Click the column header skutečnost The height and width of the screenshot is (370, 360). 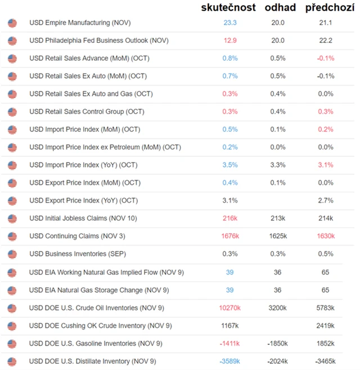228,7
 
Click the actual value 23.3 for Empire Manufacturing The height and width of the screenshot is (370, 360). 229,23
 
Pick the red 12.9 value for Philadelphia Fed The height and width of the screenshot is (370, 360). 229,40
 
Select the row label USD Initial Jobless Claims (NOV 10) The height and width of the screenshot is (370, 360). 83,218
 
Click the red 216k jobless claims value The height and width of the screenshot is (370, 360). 229,218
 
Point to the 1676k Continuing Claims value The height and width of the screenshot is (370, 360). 229,236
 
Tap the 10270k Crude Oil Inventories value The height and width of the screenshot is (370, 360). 229,308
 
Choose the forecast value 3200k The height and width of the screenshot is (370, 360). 277,308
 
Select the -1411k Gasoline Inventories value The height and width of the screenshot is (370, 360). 229,343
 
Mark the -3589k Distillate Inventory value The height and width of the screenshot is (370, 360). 229,361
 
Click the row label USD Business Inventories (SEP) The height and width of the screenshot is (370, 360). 78,254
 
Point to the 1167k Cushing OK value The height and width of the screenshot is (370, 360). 229,326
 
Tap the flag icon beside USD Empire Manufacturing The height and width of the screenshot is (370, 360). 12,23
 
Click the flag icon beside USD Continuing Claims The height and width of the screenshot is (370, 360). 12,236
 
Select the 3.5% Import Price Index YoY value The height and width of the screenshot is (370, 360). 229,165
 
